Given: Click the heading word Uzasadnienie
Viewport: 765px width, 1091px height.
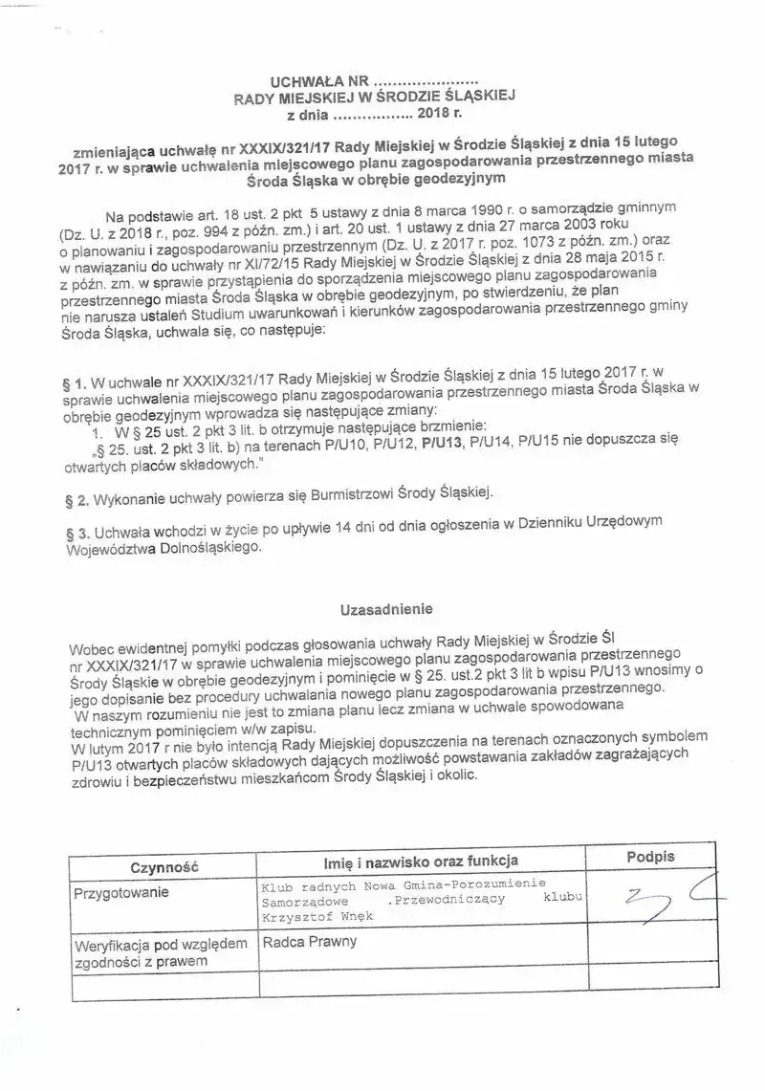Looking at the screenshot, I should (386, 607).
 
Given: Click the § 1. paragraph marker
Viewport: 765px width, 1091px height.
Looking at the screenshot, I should (79, 382).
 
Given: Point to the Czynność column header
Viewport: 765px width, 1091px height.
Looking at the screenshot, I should (164, 865).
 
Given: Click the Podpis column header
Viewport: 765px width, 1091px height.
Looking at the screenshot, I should (651, 857).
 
